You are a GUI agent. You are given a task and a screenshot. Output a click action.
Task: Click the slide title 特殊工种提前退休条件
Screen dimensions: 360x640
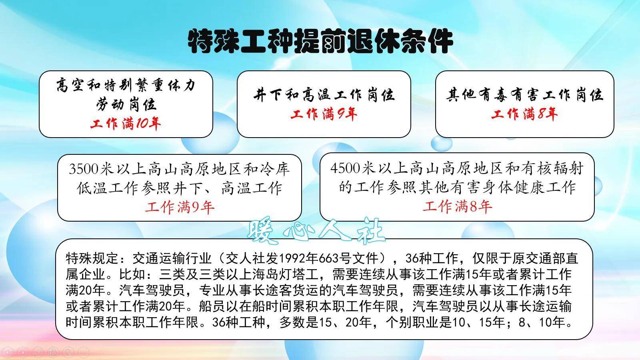pyautogui.click(x=320, y=41)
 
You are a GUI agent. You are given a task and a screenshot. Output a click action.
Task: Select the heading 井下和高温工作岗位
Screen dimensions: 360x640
pyautogui.click(x=324, y=95)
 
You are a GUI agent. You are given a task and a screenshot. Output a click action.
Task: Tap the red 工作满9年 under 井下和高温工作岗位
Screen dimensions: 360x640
pyautogui.click(x=324, y=114)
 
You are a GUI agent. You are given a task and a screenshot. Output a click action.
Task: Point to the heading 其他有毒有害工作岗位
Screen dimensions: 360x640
pyautogui.click(x=524, y=95)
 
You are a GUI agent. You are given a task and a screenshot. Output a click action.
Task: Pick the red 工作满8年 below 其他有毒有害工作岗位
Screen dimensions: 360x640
pyautogui.click(x=524, y=114)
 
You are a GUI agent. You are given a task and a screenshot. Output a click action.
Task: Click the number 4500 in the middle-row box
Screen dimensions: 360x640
pyautogui.click(x=346, y=168)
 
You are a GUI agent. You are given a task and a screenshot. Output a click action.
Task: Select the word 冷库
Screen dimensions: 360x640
pyautogui.click(x=274, y=169)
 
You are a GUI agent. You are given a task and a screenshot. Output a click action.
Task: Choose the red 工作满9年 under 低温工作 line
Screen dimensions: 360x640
pyautogui.click(x=179, y=207)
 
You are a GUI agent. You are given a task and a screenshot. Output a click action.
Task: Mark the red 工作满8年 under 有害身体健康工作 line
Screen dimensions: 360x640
pyautogui.click(x=457, y=206)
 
